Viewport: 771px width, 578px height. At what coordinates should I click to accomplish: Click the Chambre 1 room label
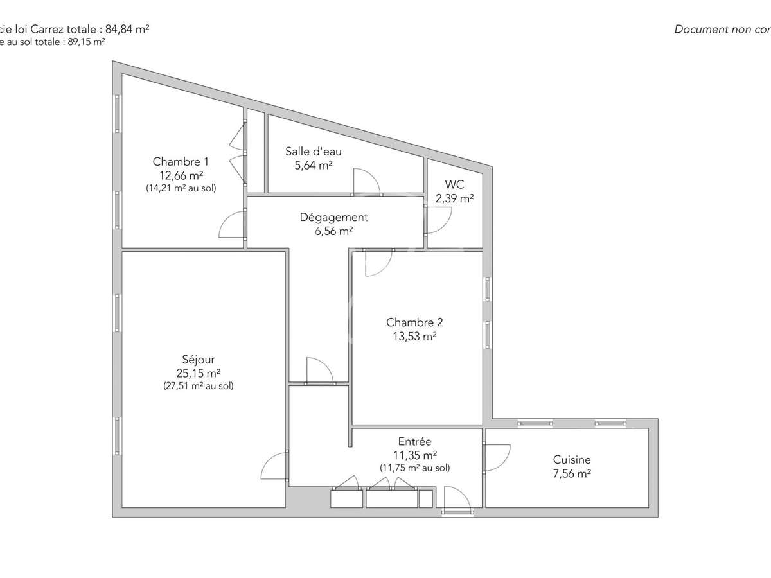click(x=181, y=162)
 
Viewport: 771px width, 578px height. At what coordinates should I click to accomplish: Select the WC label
click(x=454, y=185)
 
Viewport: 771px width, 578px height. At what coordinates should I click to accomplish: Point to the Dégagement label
click(x=334, y=217)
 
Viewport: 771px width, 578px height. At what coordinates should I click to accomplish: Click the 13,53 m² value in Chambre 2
click(x=414, y=336)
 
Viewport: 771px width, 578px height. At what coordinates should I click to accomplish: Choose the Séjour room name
click(x=199, y=360)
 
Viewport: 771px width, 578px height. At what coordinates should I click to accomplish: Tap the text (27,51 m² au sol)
click(x=199, y=386)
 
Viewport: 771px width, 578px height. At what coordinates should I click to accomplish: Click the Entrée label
click(x=414, y=442)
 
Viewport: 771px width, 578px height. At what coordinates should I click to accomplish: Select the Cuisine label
click(x=572, y=460)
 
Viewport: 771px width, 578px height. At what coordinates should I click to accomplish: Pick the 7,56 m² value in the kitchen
click(x=572, y=474)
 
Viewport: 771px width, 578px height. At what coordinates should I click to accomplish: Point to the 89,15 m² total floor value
click(x=85, y=41)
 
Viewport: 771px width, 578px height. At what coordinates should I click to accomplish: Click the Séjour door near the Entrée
click(x=273, y=466)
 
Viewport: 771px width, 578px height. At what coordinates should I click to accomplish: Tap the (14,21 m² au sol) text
click(x=182, y=188)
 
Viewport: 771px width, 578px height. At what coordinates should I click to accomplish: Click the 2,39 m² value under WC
click(x=454, y=198)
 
